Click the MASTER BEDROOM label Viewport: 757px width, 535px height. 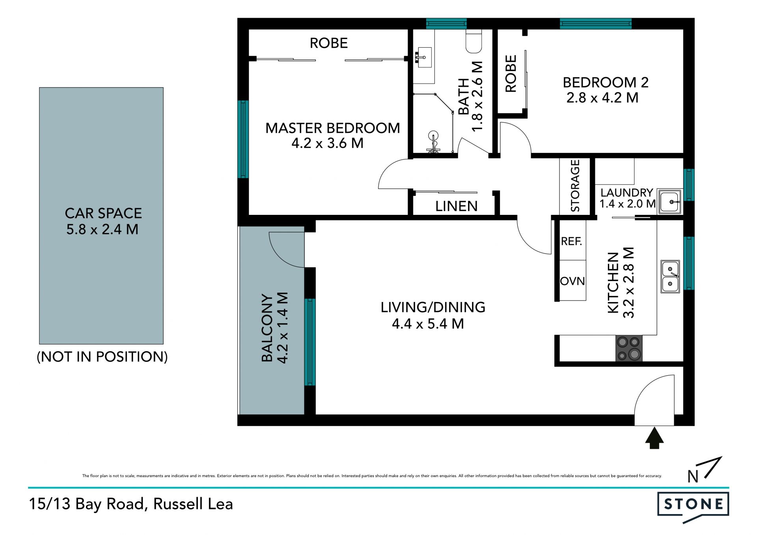click(x=332, y=128)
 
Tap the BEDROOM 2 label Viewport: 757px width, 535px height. click(x=606, y=82)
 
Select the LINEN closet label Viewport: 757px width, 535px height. click(x=456, y=206)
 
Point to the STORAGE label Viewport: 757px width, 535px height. click(x=575, y=185)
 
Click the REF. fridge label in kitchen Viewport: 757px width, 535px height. click(x=571, y=241)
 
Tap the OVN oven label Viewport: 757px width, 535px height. click(x=572, y=281)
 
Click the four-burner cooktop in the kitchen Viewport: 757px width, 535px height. click(x=629, y=348)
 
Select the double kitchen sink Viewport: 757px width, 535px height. click(x=670, y=276)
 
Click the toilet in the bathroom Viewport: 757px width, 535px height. click(x=474, y=41)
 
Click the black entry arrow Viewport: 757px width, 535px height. click(x=654, y=438)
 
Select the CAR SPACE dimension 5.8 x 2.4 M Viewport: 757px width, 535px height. click(x=102, y=229)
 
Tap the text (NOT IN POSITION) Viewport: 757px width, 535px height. click(x=102, y=357)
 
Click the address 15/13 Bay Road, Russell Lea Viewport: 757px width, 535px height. click(x=131, y=504)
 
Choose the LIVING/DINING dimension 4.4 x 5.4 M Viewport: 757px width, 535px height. click(x=428, y=324)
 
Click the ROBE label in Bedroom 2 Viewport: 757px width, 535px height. click(x=511, y=74)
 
